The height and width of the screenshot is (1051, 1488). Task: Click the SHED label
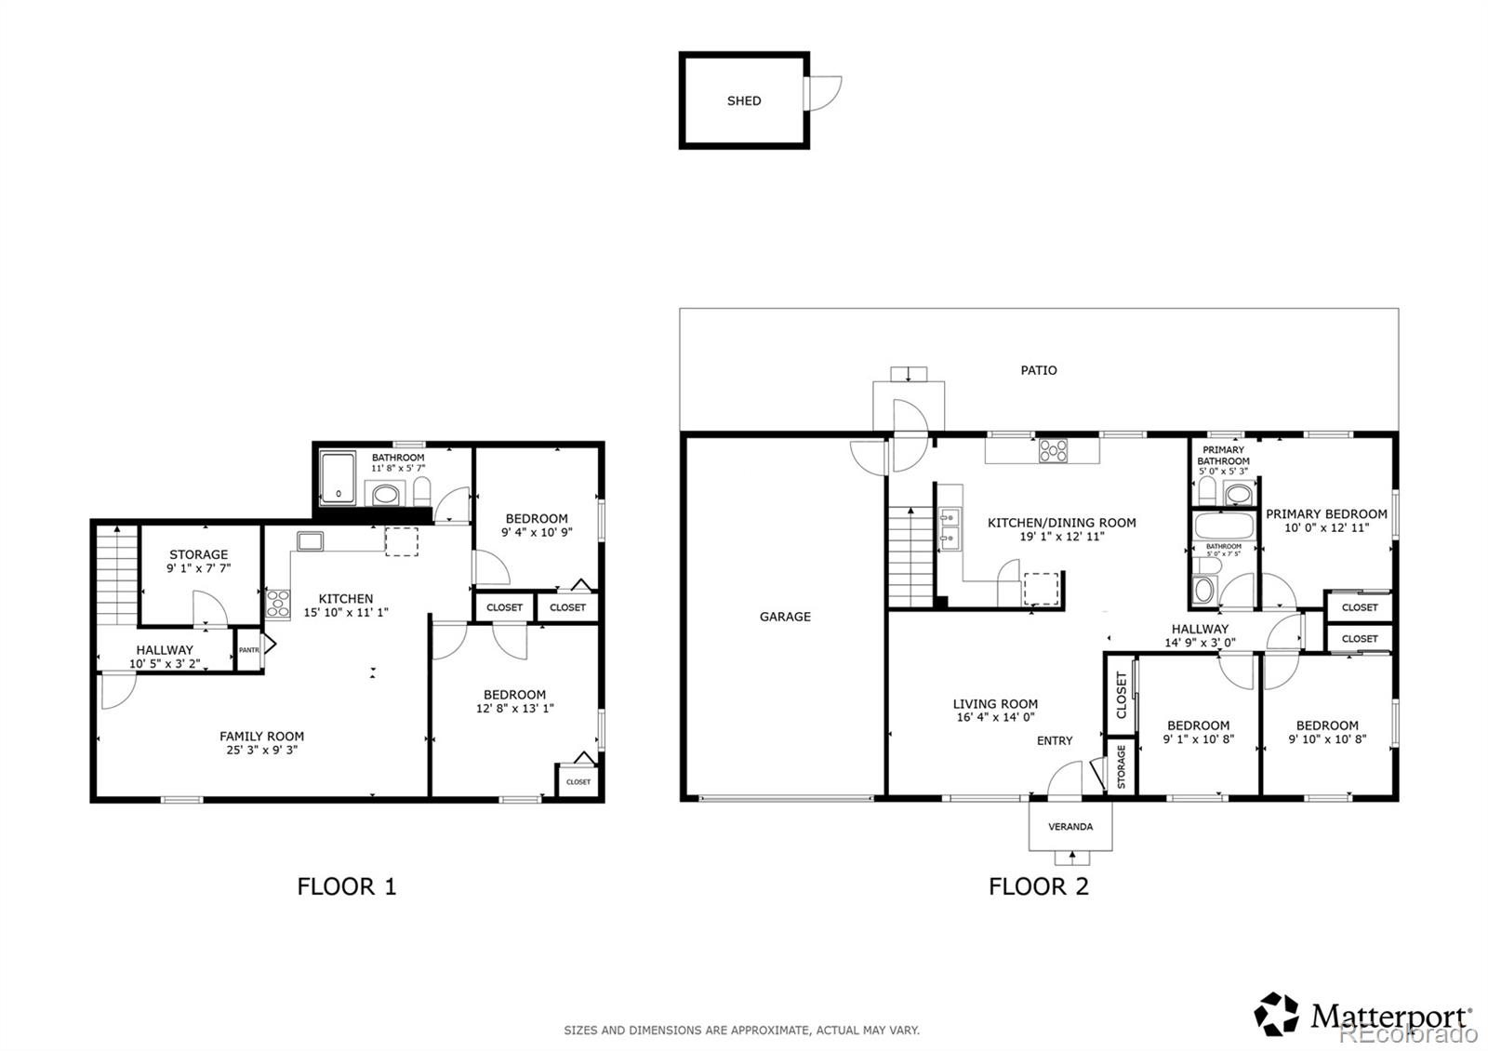click(x=744, y=100)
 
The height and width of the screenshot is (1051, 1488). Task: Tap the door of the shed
click(x=824, y=93)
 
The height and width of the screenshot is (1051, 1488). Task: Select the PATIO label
click(x=1038, y=370)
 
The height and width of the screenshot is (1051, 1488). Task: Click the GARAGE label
click(x=785, y=617)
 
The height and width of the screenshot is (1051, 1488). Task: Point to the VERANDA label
click(x=1070, y=826)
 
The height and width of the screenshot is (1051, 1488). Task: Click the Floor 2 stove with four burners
click(x=1053, y=450)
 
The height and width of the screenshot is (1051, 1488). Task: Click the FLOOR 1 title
click(x=347, y=886)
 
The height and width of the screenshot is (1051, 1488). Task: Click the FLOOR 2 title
click(x=1038, y=886)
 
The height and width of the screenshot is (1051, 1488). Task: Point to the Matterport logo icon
click(x=1277, y=1014)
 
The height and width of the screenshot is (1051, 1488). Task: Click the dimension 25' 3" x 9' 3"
click(x=261, y=750)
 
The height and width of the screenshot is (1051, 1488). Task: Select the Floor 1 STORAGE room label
click(x=198, y=554)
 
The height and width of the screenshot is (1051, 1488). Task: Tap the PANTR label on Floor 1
click(x=248, y=650)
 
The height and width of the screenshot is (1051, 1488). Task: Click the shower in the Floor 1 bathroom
click(x=339, y=479)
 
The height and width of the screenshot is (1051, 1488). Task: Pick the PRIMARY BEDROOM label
click(x=1325, y=513)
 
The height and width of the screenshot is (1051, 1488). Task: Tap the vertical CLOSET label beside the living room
click(x=1121, y=695)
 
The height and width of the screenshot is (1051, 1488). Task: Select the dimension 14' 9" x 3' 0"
click(x=1200, y=643)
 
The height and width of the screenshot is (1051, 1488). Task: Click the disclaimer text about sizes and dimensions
click(x=741, y=1030)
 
